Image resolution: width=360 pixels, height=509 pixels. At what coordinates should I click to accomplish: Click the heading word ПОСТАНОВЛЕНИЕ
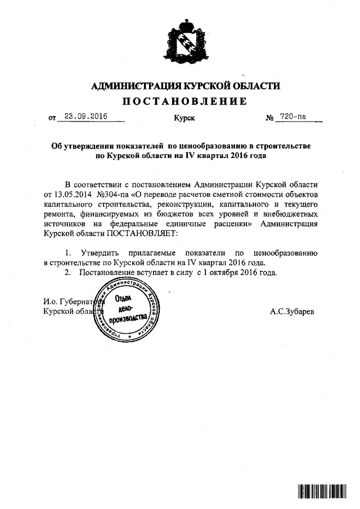click(x=185, y=101)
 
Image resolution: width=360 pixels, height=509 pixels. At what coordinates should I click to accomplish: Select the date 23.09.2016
click(x=85, y=117)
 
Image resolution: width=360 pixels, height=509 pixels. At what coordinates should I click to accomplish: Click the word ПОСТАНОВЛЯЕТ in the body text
click(x=148, y=233)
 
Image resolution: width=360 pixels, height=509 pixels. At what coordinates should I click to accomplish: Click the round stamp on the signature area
click(x=129, y=311)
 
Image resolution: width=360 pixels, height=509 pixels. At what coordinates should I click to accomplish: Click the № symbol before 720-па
click(x=269, y=118)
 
